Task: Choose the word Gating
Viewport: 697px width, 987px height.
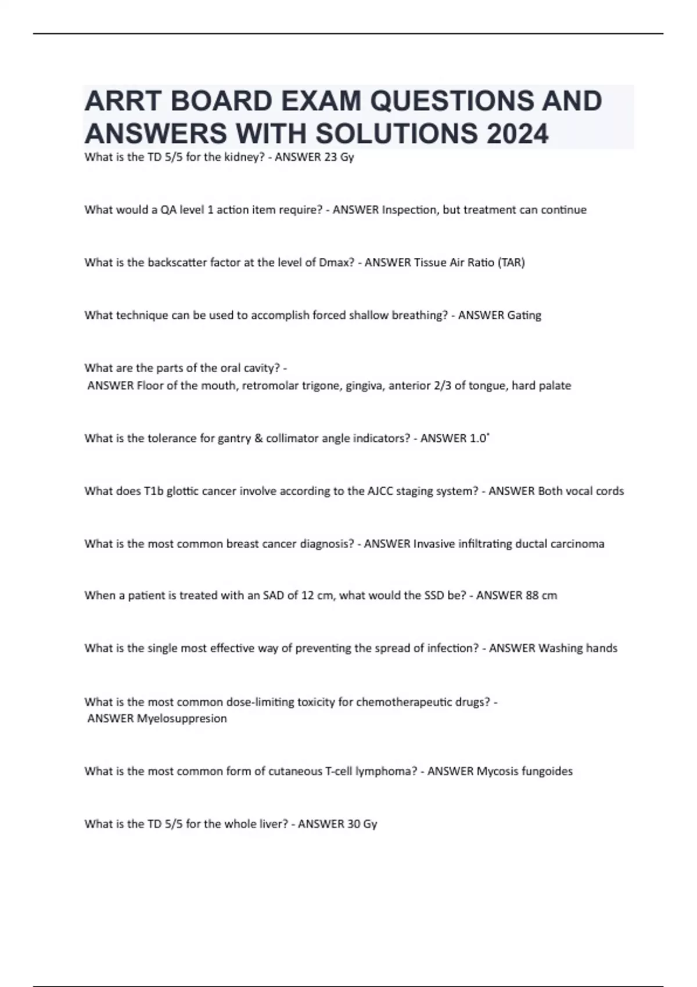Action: [524, 315]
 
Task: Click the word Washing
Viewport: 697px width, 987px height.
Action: [561, 648]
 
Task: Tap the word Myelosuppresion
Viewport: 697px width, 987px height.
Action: [182, 719]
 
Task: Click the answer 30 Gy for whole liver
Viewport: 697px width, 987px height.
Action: [362, 824]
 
